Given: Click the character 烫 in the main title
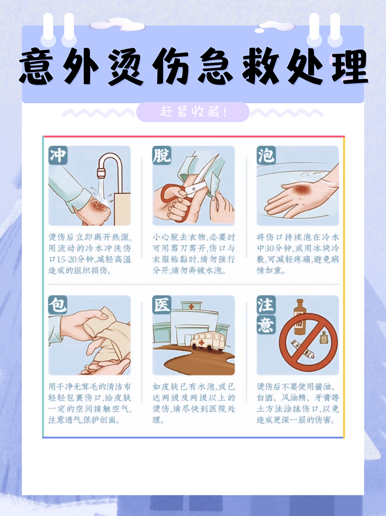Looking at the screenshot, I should (x=125, y=67).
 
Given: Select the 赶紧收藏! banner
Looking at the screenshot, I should (x=193, y=112).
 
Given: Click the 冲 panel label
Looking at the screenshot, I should (x=58, y=155).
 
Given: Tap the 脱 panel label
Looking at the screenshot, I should (x=162, y=155).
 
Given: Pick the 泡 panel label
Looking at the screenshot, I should (x=266, y=155).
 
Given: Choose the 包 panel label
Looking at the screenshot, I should (x=58, y=305).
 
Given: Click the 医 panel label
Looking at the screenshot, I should (x=162, y=305).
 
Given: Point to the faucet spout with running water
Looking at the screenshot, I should (x=101, y=173).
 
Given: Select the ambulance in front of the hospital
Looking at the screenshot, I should (x=207, y=341).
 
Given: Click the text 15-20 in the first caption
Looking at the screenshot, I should (x=69, y=259).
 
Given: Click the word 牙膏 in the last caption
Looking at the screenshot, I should (x=320, y=398).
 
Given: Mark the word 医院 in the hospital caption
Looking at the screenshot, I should (x=218, y=409).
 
